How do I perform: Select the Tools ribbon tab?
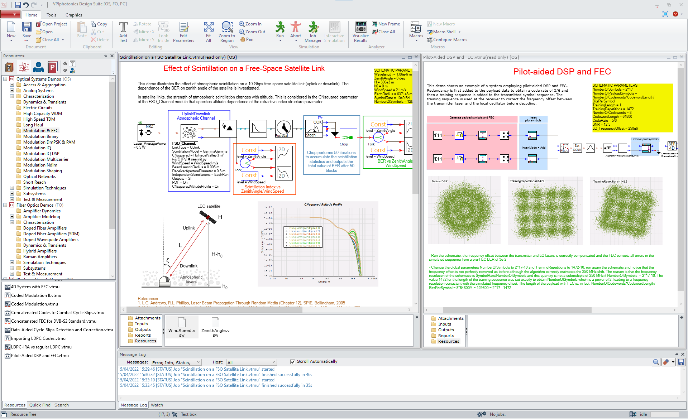point(51,15)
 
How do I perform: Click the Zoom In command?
point(250,24)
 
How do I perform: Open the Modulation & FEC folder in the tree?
point(40,131)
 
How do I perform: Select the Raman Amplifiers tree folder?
point(40,257)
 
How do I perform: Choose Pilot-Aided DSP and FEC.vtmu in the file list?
point(39,356)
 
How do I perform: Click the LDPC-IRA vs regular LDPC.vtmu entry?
point(41,347)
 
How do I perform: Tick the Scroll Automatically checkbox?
point(293,362)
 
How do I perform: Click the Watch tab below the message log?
point(157,405)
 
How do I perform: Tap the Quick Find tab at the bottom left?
point(40,405)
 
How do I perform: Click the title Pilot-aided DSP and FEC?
point(562,72)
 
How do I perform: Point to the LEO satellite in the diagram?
point(208,217)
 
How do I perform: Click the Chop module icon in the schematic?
point(348,138)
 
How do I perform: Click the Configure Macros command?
point(450,40)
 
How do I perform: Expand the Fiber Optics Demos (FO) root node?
point(5,205)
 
